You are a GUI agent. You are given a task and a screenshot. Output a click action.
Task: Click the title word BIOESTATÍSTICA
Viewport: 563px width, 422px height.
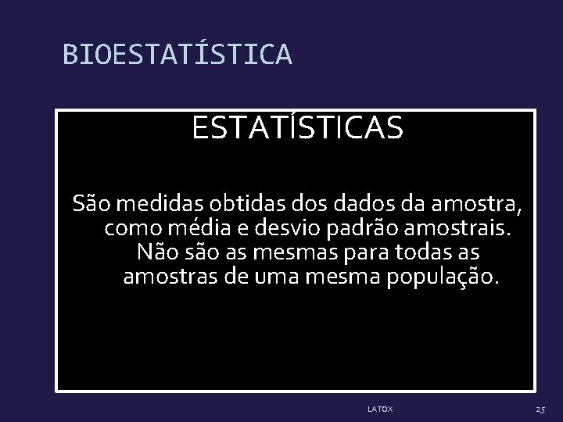tap(178, 54)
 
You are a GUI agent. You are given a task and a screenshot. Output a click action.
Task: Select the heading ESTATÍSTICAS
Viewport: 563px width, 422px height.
tap(298, 128)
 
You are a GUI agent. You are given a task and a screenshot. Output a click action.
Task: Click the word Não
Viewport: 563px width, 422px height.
tap(155, 253)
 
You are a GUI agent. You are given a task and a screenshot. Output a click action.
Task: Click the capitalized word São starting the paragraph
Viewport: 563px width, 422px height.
tap(90, 205)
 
